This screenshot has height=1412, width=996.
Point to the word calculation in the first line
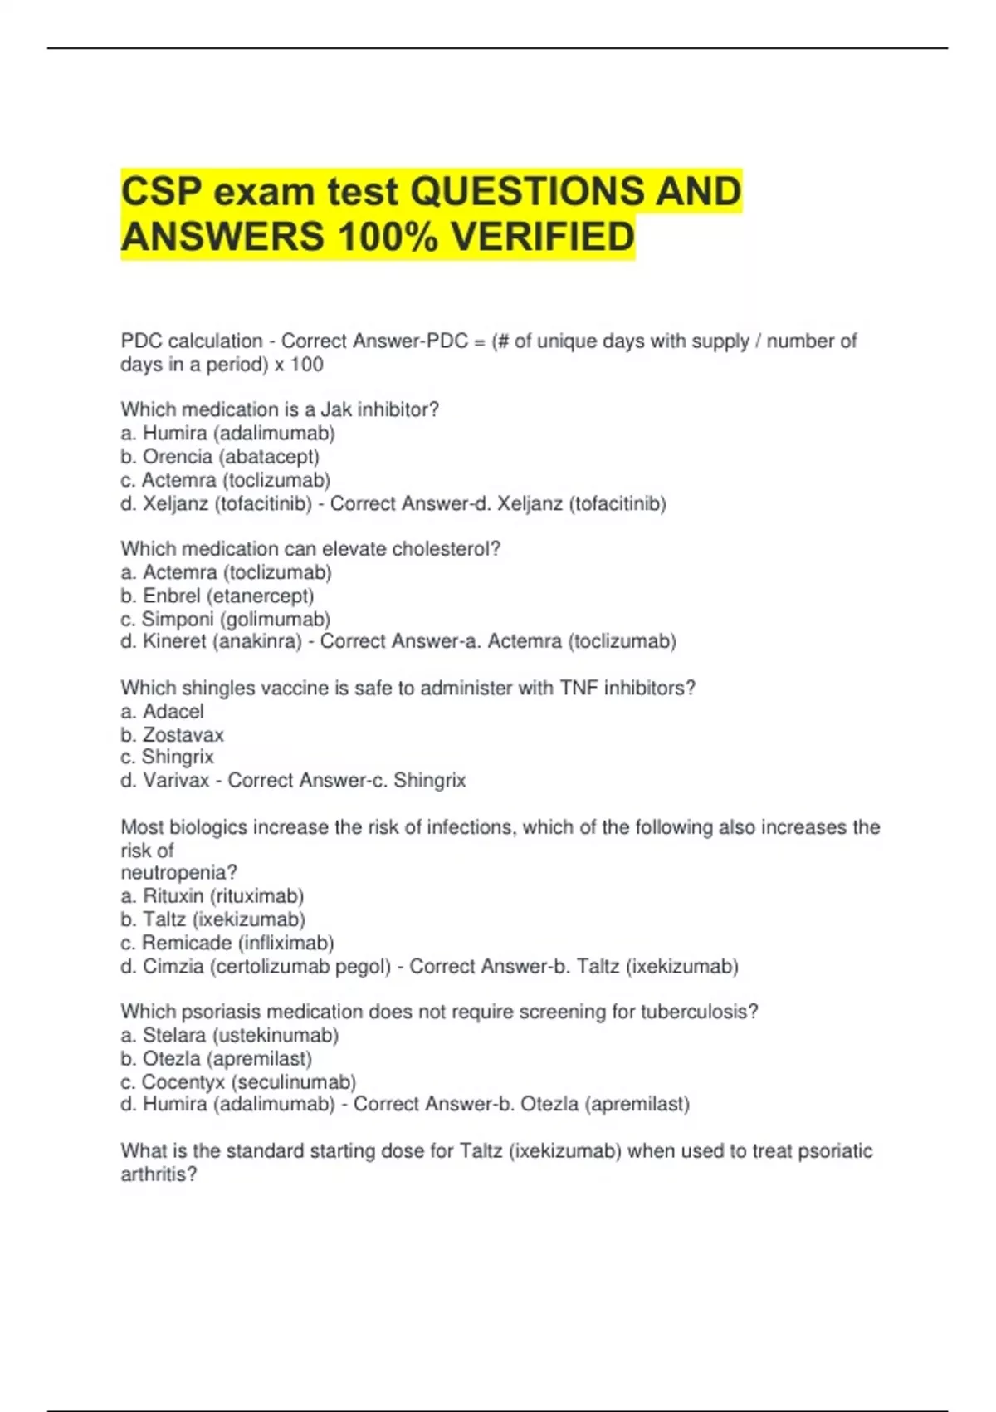(x=215, y=341)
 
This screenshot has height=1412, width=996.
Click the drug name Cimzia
(x=173, y=967)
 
